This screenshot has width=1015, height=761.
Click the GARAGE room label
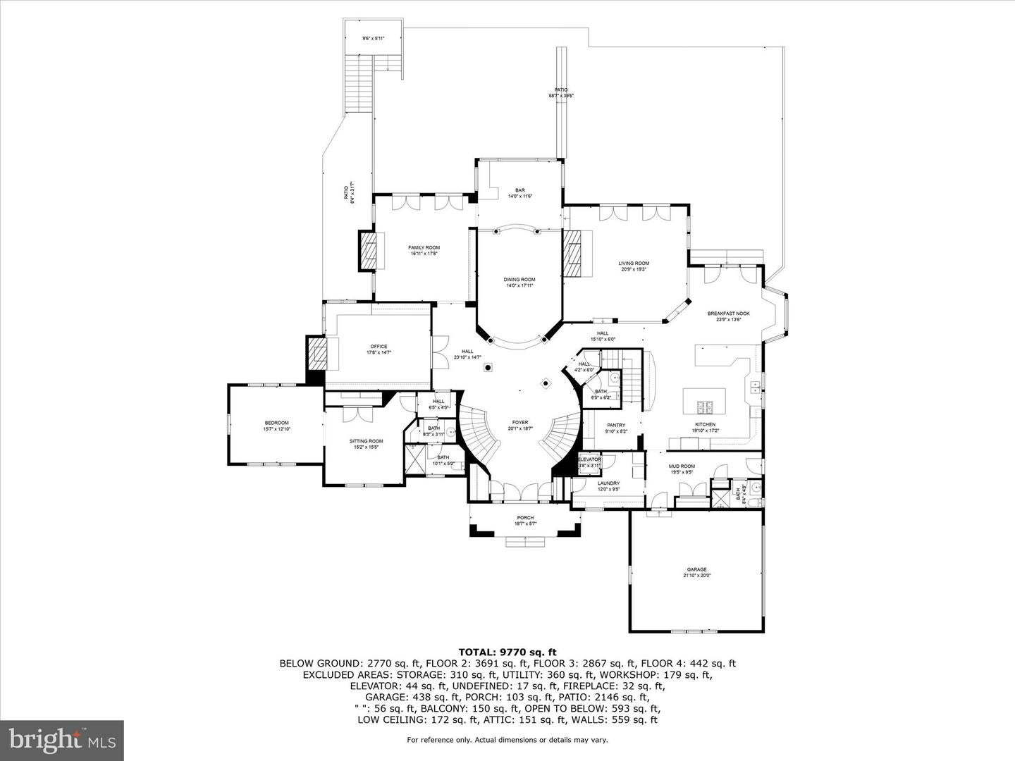coord(696,569)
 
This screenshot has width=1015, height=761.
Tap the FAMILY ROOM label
coord(424,247)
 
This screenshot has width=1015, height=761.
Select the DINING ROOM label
coord(519,280)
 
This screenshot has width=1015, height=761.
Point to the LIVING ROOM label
coord(634,264)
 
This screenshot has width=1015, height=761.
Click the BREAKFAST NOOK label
coord(729,314)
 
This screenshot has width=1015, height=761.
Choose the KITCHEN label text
coord(705,425)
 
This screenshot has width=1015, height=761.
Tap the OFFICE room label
coord(379,347)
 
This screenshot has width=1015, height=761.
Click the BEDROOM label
coord(276,423)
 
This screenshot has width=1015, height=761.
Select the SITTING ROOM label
coord(366,442)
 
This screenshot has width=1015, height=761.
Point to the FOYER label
coord(519,423)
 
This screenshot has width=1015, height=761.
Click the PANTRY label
coord(615,426)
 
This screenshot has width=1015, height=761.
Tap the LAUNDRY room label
coord(608,483)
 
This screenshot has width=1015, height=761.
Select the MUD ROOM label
coord(682,466)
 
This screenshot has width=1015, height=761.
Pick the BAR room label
coord(519,190)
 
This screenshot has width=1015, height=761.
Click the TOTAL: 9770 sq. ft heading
coord(507,652)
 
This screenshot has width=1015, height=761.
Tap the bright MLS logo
coord(62,739)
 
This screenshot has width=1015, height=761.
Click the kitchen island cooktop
coord(705,407)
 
